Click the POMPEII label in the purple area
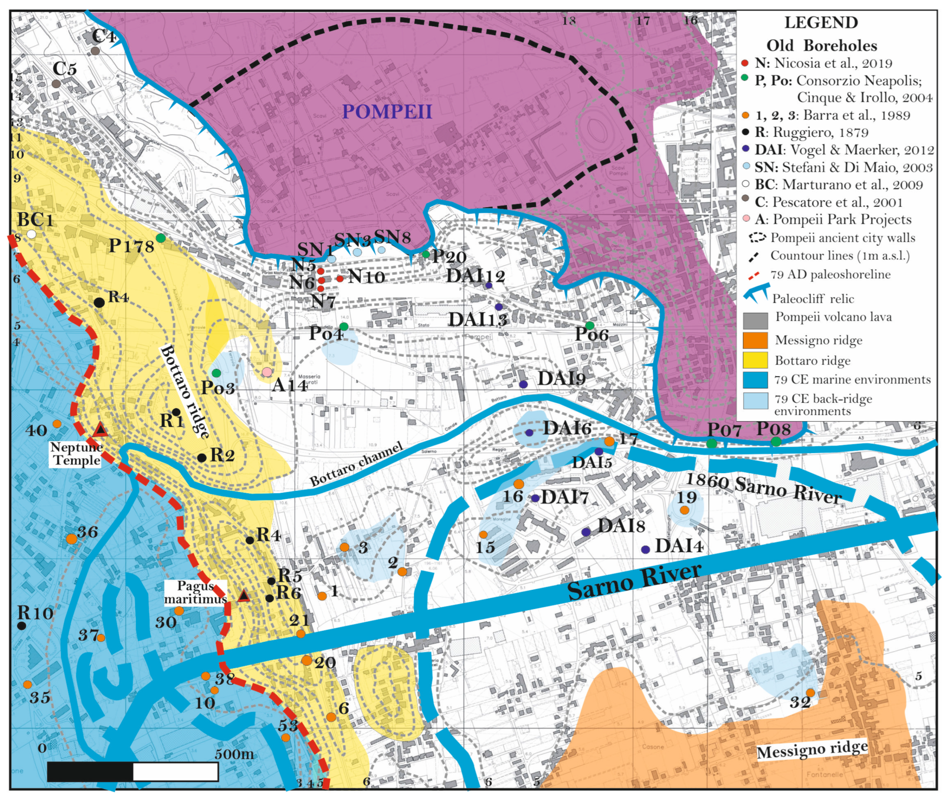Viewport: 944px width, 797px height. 387,111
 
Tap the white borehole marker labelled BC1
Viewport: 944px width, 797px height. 31,234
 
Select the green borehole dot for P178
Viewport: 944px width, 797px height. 160,238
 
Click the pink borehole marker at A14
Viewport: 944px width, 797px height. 267,372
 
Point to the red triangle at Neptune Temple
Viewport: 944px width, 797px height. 100,430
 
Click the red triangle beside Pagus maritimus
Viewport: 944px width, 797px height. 244,596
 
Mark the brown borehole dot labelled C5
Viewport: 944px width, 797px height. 56,84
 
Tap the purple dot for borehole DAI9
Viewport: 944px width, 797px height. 523,384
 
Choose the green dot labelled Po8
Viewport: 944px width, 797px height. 775,441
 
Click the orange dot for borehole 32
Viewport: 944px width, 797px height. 810,693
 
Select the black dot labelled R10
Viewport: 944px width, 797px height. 21,626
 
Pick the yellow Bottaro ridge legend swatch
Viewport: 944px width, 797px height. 755,360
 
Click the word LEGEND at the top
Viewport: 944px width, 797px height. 821,23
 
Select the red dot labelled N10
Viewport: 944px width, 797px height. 340,279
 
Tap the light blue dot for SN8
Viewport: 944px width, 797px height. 381,250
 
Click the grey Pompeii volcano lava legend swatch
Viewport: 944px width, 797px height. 755,321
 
